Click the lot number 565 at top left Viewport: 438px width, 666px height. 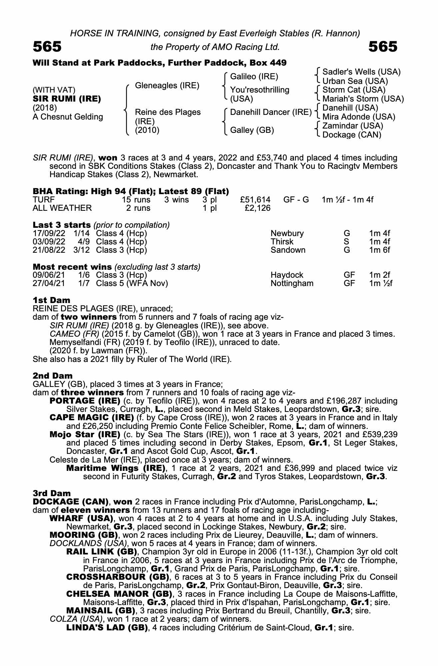tap(47, 47)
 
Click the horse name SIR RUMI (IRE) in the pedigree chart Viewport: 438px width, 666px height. tap(67, 99)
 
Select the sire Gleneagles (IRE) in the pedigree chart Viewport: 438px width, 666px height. tap(167, 86)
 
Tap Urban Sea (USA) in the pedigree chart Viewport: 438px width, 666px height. tap(355, 81)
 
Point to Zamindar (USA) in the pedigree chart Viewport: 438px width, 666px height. tap(353, 126)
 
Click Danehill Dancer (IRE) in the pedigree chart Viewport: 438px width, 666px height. tap(271, 112)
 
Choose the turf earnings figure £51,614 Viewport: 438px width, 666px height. tap(255, 200)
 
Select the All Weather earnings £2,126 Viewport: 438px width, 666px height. tap(257, 208)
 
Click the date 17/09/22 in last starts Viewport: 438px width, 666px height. tap(49, 233)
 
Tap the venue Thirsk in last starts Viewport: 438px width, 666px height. tap(282, 242)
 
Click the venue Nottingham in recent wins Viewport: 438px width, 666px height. tap(292, 283)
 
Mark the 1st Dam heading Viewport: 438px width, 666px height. tap(51, 300)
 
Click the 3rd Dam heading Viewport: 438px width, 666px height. tap(52, 493)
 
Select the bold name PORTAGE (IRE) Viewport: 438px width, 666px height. tap(85, 401)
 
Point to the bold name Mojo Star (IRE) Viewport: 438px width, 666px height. tap(85, 434)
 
